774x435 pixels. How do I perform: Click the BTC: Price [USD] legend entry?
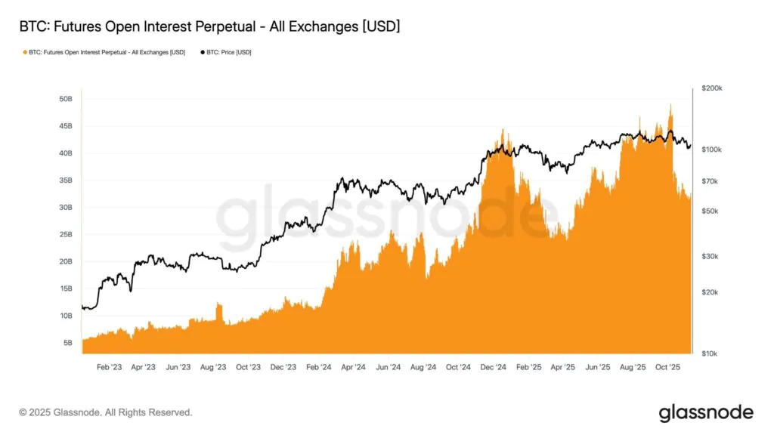click(227, 52)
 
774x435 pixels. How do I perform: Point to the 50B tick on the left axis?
click(65, 99)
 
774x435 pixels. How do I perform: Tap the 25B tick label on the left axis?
click(65, 234)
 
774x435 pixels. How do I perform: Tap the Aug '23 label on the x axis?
click(212, 367)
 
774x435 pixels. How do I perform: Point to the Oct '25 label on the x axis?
click(668, 367)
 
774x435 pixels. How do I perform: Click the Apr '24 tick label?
click(353, 367)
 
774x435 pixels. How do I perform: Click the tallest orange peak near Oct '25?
click(670, 106)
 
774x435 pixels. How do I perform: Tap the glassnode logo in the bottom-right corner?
click(706, 412)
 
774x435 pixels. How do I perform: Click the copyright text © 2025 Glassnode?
click(106, 412)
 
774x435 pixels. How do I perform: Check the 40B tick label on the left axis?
click(65, 153)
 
